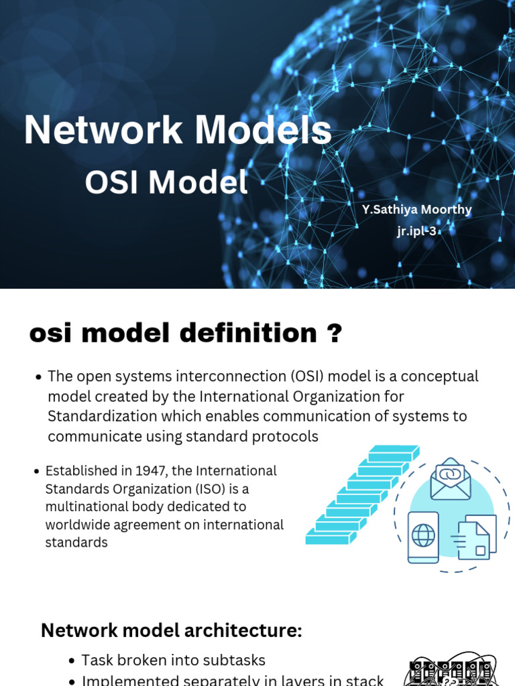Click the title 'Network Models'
178,130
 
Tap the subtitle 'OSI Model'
166,183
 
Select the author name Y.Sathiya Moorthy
416,210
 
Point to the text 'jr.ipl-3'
416,232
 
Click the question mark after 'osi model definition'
333,333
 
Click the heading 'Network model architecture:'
172,630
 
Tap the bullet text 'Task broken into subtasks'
174,661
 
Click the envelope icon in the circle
451,480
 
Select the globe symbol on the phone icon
423,537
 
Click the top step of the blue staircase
394,455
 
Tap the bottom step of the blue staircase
328,536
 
